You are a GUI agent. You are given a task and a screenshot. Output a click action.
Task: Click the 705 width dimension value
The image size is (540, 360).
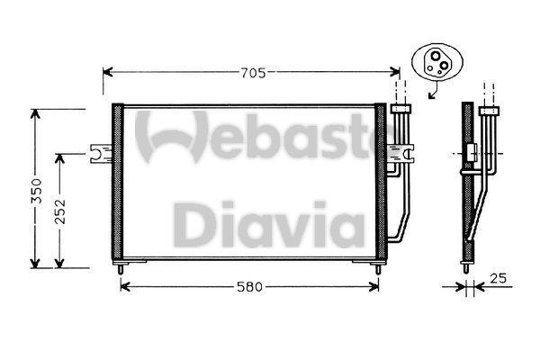[x=253, y=72]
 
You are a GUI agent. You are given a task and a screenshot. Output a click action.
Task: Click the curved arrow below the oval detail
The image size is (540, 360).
[x=434, y=90]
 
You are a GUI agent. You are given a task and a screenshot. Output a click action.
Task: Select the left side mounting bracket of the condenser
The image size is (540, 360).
[x=99, y=156]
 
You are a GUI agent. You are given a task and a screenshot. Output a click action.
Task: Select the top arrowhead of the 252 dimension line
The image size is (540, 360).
[x=60, y=157]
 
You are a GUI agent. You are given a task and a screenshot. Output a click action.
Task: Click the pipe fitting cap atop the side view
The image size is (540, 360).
[x=490, y=111]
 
